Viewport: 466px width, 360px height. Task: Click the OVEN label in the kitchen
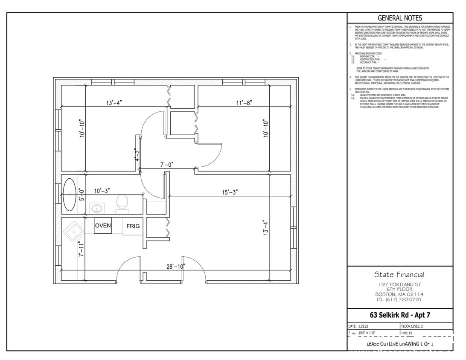pyautogui.click(x=103, y=226)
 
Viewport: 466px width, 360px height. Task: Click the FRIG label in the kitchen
pyautogui.click(x=133, y=226)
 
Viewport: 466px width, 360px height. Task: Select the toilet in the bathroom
pyautogui.click(x=122, y=203)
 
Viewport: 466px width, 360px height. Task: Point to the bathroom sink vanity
pyautogui.click(x=96, y=208)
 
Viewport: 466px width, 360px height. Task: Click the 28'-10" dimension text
pyautogui.click(x=175, y=267)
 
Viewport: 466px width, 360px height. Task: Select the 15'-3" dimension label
pyautogui.click(x=230, y=192)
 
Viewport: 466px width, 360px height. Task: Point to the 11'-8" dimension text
pyautogui.click(x=245, y=103)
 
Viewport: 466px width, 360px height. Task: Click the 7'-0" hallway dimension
pyautogui.click(x=166, y=164)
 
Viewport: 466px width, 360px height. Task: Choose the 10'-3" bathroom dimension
pyautogui.click(x=103, y=191)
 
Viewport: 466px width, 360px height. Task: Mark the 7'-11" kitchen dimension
pyautogui.click(x=82, y=249)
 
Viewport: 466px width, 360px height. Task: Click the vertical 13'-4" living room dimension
pyautogui.click(x=266, y=228)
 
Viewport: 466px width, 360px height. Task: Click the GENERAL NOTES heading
pyautogui.click(x=399, y=18)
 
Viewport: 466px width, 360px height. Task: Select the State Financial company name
pyautogui.click(x=399, y=274)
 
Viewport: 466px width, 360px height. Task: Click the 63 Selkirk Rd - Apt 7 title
pyautogui.click(x=399, y=316)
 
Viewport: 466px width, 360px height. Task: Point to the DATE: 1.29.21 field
pyautogui.click(x=358, y=326)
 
